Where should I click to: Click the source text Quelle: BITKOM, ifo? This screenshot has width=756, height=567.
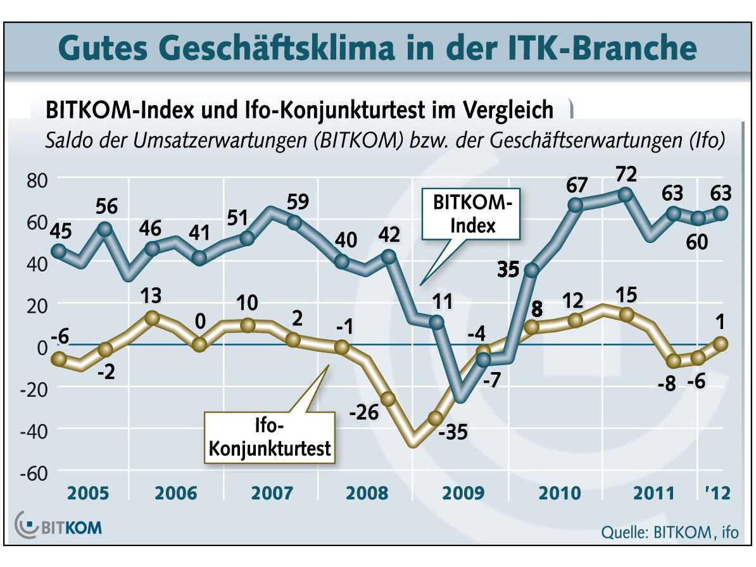click(x=669, y=532)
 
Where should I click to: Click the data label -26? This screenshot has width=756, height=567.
click(x=365, y=414)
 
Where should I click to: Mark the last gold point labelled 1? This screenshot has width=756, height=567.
click(x=721, y=344)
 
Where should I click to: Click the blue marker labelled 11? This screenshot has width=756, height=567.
click(x=436, y=321)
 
